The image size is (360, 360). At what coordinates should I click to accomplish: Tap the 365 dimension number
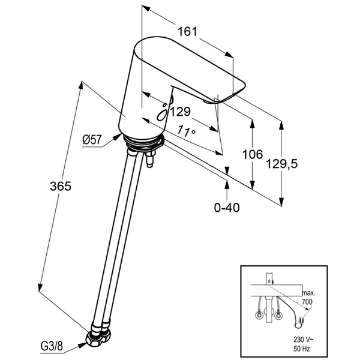(x=61, y=186)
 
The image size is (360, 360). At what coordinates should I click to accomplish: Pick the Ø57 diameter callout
(x=92, y=140)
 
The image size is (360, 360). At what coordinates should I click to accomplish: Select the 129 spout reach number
(x=179, y=112)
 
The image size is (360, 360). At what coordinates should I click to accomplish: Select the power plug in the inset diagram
(x=299, y=326)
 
